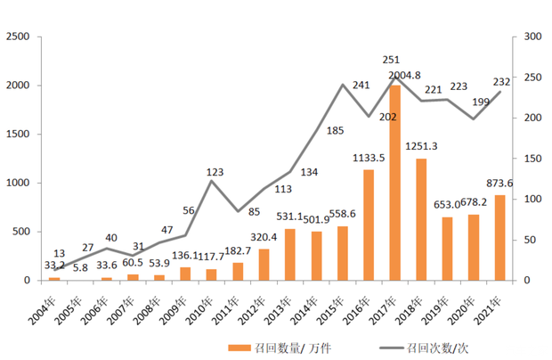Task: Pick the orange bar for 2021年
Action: (499, 238)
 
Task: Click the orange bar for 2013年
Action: (290, 255)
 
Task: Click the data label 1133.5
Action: (368, 159)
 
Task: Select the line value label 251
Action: (390, 61)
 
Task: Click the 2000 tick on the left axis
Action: (19, 86)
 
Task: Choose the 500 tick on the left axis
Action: (22, 232)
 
